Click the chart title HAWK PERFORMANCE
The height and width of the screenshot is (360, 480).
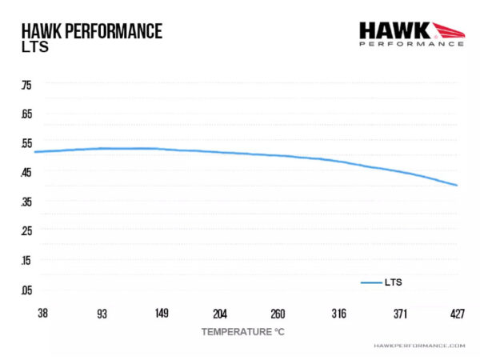pyautogui.click(x=93, y=31)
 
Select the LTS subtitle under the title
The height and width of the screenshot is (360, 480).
pyautogui.click(x=35, y=47)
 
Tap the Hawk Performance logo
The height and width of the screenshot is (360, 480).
pyautogui.click(x=411, y=33)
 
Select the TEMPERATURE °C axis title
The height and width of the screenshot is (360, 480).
pyautogui.click(x=242, y=330)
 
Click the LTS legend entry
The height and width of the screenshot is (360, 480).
pyautogui.click(x=382, y=282)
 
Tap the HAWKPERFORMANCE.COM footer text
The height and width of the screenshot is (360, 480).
pyautogui.click(x=419, y=346)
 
